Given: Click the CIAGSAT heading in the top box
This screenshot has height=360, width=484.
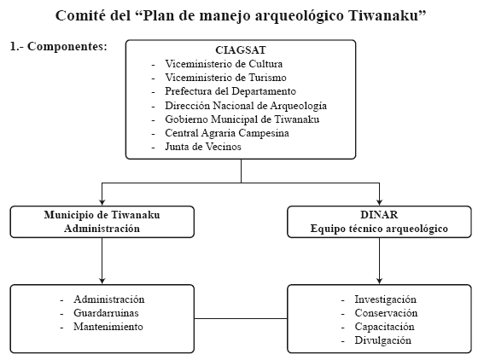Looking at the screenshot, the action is (241, 50).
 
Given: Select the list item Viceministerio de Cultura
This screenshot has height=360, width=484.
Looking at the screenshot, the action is (224, 64).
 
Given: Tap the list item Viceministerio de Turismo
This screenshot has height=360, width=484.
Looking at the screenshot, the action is (225, 78).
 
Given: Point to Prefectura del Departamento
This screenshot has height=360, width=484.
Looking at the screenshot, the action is (230, 91).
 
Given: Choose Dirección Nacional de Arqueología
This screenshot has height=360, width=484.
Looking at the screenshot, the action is (246, 106).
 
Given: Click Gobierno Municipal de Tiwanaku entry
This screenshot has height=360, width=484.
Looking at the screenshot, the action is (242, 119).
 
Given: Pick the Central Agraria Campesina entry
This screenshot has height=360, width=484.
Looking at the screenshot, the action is (227, 133).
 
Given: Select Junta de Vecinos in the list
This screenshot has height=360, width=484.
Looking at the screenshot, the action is (203, 147).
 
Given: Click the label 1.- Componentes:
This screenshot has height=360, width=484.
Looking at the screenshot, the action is (59, 46).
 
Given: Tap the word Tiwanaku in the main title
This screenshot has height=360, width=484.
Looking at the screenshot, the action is (383, 15).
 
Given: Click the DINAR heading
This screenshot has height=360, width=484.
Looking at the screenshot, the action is (379, 215).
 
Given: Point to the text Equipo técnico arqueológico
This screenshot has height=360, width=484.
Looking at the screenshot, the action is (379, 229).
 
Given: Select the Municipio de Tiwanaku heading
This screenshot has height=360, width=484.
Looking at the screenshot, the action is (102, 215).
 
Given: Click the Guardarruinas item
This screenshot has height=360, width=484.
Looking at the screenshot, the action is (106, 313).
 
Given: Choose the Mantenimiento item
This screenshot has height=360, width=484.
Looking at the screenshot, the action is (108, 327).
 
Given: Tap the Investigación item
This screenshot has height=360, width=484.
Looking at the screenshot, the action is (385, 299).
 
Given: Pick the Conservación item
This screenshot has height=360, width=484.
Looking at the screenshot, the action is (386, 313).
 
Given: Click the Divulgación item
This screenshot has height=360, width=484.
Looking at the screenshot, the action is (382, 340).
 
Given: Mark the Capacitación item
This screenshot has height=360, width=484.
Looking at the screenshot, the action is (384, 327).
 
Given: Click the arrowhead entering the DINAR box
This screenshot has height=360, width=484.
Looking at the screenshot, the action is (379, 202).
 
